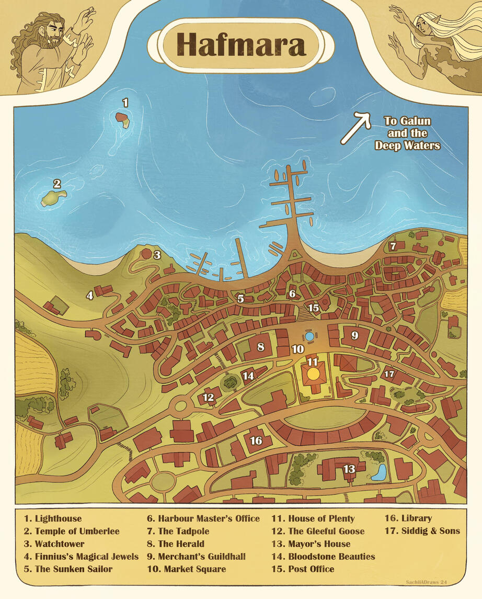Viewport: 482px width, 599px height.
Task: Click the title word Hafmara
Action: pos(240,45)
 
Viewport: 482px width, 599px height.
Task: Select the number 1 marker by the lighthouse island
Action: pos(125,102)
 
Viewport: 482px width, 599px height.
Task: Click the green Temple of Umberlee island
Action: pos(54,198)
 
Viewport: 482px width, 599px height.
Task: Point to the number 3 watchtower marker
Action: pos(156,255)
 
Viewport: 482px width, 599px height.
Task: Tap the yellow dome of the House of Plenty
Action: pos(313,373)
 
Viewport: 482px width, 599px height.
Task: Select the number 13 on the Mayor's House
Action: pos(349,469)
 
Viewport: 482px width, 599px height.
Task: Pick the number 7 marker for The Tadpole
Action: pos(393,245)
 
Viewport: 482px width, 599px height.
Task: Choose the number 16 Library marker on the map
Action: pos(256,441)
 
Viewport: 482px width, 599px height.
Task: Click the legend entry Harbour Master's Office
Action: pos(203,518)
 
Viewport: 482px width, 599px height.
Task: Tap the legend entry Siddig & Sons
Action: pos(422,531)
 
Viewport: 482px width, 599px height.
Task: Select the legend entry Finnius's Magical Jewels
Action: pos(81,556)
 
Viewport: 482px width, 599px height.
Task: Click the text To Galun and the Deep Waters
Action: pos(407,133)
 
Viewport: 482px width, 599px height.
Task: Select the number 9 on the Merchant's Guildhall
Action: pos(354,335)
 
